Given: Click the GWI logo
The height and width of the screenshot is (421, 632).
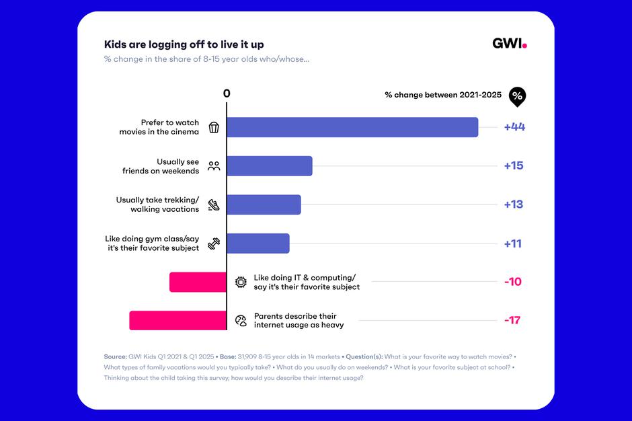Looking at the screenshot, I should click(509, 44).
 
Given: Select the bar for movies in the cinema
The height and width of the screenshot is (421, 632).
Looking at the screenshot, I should click(352, 127).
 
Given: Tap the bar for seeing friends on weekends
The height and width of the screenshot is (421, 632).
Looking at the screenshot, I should click(270, 166).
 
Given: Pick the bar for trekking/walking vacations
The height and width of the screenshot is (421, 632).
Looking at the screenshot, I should click(264, 204).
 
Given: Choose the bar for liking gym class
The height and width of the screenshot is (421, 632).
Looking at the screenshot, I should click(258, 243).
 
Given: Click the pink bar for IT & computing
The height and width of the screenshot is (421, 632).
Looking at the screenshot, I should click(198, 282).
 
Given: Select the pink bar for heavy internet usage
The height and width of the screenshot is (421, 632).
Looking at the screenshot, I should click(178, 320).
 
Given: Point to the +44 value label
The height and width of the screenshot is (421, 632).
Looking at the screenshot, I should click(514, 127).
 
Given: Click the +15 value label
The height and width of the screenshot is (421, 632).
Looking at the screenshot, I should click(514, 166).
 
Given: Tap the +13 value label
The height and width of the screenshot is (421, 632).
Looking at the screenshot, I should click(514, 204).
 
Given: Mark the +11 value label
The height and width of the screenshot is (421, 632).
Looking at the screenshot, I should click(513, 243).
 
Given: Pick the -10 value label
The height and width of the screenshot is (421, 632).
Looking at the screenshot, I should click(513, 282).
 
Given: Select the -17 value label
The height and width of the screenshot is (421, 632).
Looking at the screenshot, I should click(513, 320).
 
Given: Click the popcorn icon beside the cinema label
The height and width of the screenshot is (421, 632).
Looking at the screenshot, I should click(214, 127).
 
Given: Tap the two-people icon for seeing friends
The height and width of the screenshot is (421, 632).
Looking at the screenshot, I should click(214, 166).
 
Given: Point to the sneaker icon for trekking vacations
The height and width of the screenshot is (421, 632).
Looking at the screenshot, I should click(214, 204).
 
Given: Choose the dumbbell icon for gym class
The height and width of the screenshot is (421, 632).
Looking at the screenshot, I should click(214, 243).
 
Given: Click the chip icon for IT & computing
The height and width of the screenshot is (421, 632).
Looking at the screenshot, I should click(241, 282).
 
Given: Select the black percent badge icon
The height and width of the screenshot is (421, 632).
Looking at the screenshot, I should click(517, 96).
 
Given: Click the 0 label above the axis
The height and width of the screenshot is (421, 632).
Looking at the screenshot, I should click(227, 93).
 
